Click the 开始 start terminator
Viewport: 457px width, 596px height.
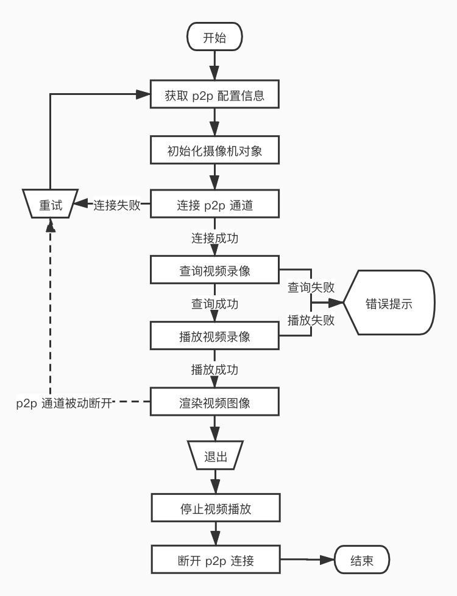(x=214, y=38)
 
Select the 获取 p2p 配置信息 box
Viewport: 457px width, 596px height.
(x=214, y=96)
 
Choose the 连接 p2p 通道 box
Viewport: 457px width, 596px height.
(x=214, y=205)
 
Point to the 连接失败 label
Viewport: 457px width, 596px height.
(x=117, y=205)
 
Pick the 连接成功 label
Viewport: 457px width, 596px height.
(x=214, y=238)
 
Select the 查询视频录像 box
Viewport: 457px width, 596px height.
(x=214, y=271)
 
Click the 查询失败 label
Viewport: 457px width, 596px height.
(x=311, y=286)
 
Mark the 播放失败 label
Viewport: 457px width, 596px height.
(x=311, y=321)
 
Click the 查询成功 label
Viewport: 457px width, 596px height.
(x=214, y=304)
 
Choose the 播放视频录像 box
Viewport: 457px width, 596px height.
(x=214, y=336)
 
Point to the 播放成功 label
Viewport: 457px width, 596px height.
(x=214, y=369)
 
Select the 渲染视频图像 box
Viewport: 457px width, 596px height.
(x=214, y=402)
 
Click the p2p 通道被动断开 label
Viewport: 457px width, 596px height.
(x=65, y=403)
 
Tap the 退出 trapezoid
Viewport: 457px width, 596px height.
(x=215, y=457)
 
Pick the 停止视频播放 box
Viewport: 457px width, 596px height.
(x=214, y=509)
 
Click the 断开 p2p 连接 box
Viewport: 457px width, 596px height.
(x=214, y=561)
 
